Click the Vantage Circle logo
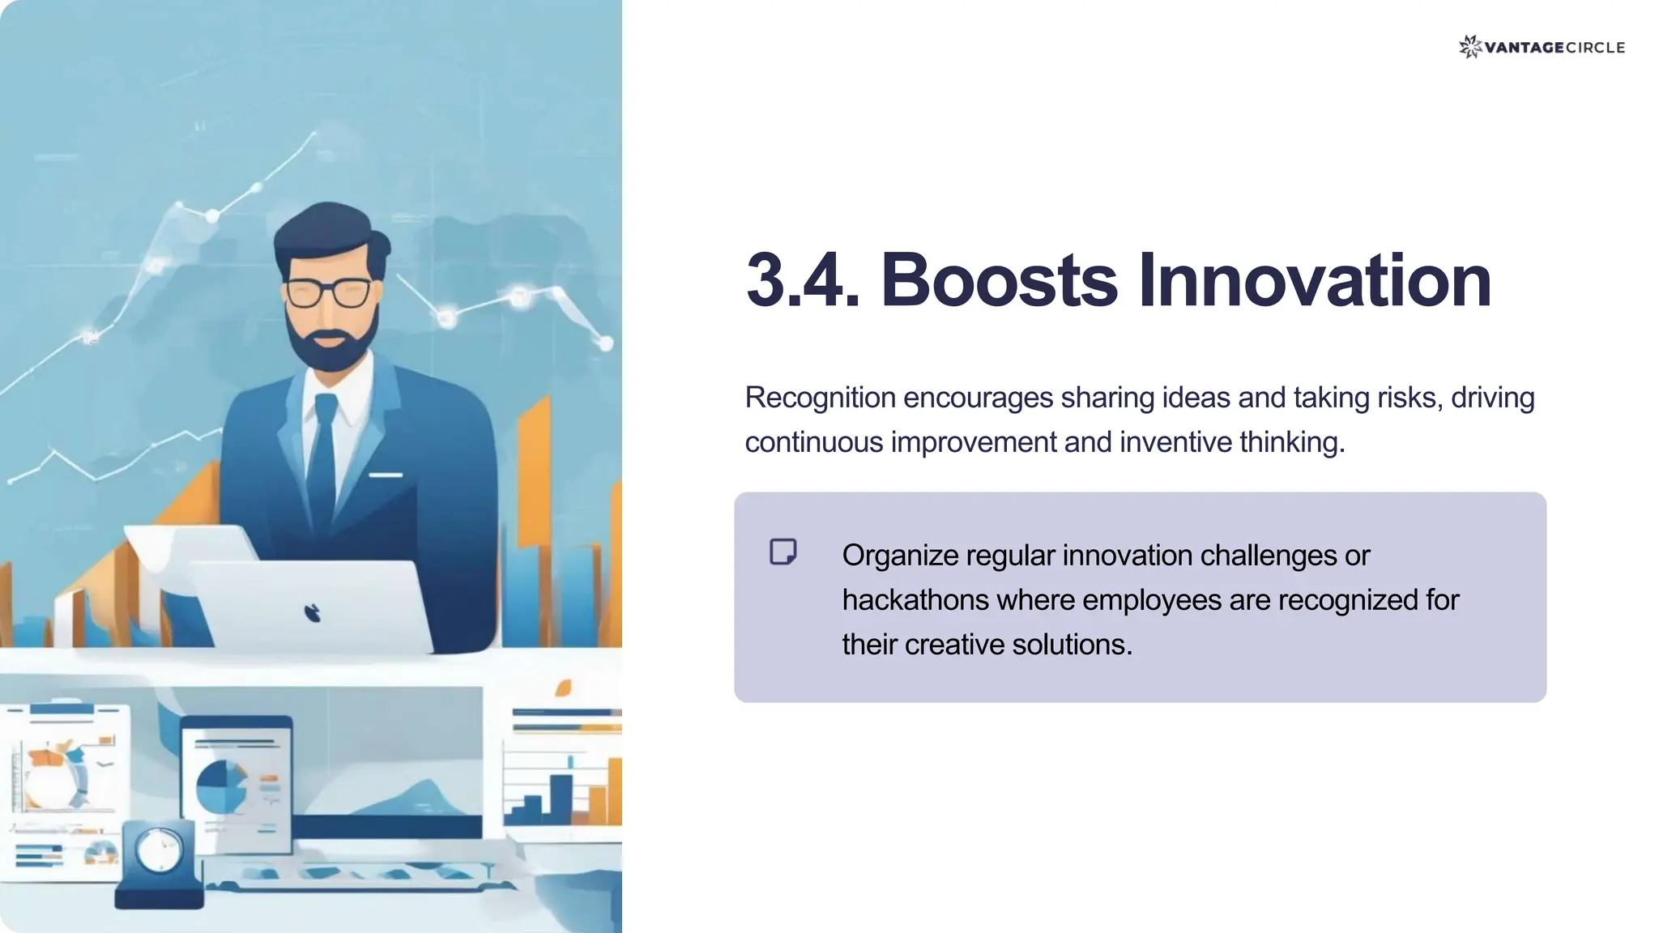click(1542, 47)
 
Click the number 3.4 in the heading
click(802, 281)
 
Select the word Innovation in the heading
click(1314, 281)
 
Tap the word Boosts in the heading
click(998, 281)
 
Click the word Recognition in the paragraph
click(820, 398)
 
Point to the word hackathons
click(915, 600)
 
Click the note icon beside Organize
click(783, 552)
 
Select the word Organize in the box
click(900, 556)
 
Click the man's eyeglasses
click(328, 292)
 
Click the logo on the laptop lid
click(313, 613)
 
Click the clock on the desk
click(159, 850)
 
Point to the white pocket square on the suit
click(386, 475)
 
